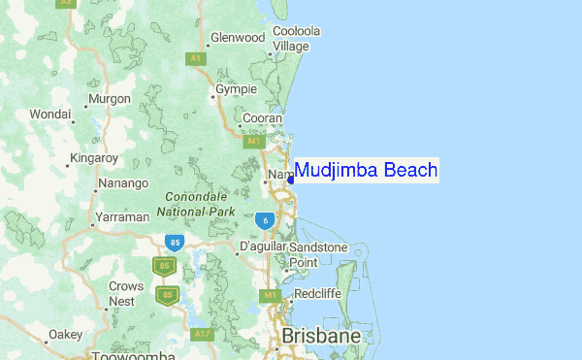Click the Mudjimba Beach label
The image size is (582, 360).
[365, 171]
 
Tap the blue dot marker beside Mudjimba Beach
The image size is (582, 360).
[291, 180]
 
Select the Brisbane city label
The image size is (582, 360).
[321, 337]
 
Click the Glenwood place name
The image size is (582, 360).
[238, 38]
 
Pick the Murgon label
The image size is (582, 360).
[109, 98]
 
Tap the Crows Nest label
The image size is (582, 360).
[127, 293]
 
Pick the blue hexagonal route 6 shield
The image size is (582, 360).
[265, 221]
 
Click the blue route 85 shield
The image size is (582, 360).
[175, 242]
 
